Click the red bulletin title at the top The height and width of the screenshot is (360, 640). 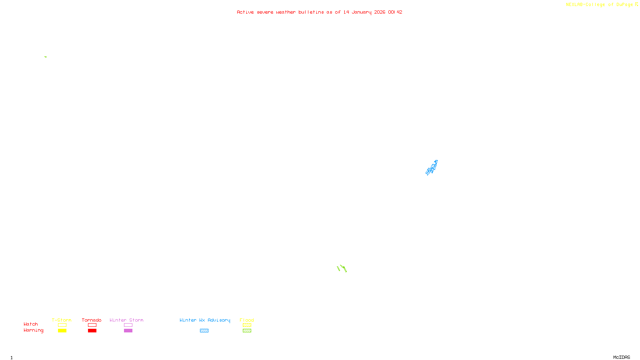(319, 12)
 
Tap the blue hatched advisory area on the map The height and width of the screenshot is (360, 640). (432, 168)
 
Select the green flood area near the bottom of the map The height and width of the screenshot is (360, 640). (342, 268)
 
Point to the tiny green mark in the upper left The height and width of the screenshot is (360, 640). (46, 57)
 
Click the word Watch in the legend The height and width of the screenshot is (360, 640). (31, 324)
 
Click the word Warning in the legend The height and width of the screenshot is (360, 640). (33, 330)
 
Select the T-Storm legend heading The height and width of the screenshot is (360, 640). (62, 320)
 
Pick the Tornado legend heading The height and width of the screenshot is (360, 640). (92, 320)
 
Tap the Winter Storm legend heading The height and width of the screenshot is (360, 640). (126, 320)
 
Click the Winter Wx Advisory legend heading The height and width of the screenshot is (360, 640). (205, 320)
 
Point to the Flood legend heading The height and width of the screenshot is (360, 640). (247, 320)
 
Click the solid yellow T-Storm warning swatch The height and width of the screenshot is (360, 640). (62, 331)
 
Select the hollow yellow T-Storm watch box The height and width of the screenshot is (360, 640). (62, 325)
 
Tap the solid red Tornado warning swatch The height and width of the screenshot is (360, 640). (92, 331)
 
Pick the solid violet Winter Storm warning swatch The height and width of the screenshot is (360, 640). (128, 331)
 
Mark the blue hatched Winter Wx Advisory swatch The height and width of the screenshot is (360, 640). (204, 331)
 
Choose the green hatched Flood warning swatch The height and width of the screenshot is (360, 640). (247, 331)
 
